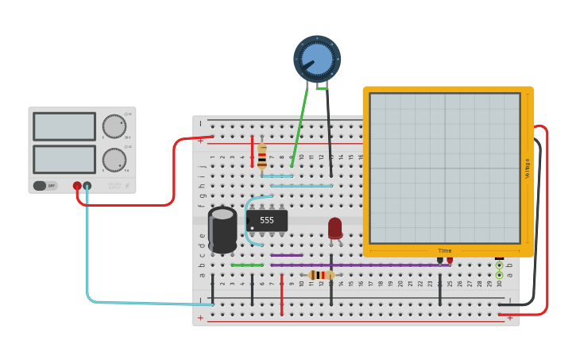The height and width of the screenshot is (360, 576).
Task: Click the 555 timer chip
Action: point(267,220)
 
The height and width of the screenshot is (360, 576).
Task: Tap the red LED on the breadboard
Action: point(334,227)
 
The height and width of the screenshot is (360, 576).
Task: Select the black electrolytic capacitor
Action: point(222,230)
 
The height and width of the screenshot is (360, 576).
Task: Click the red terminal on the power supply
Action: point(77,186)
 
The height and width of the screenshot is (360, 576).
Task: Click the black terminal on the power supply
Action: point(87,186)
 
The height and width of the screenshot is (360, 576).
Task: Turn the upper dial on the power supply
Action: point(114,126)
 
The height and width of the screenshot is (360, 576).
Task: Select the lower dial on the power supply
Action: point(114,160)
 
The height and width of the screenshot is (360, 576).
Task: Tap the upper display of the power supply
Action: point(64,126)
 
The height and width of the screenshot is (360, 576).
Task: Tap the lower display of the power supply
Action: point(64,159)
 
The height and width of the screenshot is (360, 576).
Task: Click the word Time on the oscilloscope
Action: point(445,250)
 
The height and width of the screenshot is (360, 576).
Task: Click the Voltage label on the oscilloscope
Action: point(527,168)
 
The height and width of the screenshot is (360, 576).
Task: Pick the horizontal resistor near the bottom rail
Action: point(320,275)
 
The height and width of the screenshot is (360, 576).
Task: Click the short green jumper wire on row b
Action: point(247,265)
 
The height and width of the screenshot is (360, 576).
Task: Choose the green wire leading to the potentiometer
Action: point(300,127)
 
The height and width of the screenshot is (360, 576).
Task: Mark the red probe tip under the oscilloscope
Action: point(450,260)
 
